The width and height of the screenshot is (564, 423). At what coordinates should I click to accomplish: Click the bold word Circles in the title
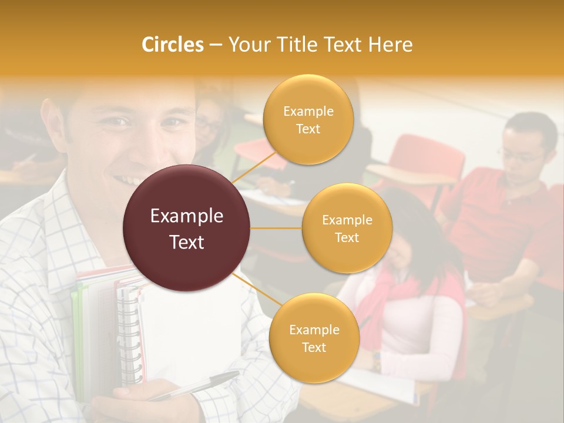click(173, 45)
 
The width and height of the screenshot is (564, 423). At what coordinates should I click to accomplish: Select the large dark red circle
click(187, 228)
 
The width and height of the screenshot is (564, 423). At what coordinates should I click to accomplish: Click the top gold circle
click(308, 119)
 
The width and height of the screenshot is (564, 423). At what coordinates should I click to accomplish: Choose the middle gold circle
click(347, 228)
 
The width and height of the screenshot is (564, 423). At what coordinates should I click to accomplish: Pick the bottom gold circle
click(314, 338)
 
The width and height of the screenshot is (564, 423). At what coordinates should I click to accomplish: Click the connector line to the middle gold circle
click(276, 228)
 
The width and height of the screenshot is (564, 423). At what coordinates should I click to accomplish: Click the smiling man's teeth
click(128, 179)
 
